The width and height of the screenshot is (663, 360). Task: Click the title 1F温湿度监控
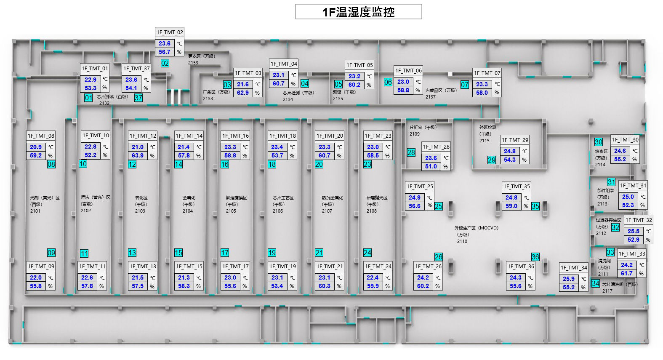(x=358, y=12)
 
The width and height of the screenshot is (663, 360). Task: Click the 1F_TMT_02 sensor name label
(x=170, y=32)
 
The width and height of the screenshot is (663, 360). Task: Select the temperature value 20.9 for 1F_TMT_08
(x=36, y=147)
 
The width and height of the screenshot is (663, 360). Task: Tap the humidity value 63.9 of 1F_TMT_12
(x=138, y=155)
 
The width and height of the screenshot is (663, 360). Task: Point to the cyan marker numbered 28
(x=411, y=152)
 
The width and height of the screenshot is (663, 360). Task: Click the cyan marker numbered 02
(x=165, y=63)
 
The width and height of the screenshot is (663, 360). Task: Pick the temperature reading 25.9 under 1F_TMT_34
(x=569, y=279)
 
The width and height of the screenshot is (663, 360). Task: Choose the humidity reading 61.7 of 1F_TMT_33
(x=627, y=273)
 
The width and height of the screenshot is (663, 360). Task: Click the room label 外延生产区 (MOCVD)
(x=476, y=228)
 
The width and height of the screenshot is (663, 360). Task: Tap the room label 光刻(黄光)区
(x=45, y=197)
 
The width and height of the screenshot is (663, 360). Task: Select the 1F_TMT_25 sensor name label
(x=419, y=186)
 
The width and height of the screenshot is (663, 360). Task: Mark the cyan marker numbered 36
(x=535, y=257)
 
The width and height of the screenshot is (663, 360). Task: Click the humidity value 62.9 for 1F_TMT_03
(x=243, y=93)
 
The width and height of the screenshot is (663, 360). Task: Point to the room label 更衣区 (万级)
(x=201, y=56)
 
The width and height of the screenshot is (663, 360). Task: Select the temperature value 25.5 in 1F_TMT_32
(x=634, y=231)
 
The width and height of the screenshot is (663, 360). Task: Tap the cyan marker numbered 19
(x=272, y=253)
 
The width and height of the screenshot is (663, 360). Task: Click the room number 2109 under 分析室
(x=415, y=134)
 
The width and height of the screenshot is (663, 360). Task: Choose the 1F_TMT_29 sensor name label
(x=515, y=140)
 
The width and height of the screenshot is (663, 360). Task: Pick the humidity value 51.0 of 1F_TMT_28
(x=431, y=166)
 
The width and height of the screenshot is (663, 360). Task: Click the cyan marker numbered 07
(x=465, y=85)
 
